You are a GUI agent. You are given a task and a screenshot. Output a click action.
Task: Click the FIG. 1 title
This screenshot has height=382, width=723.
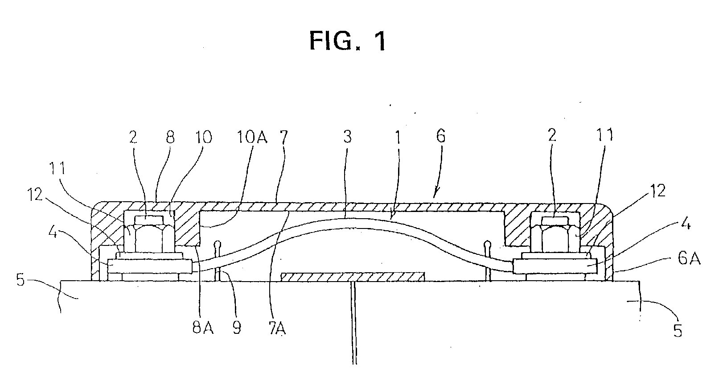point(348,41)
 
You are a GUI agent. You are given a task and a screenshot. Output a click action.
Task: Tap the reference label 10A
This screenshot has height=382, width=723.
point(252,137)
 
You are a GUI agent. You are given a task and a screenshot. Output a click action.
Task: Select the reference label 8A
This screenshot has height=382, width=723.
point(203,328)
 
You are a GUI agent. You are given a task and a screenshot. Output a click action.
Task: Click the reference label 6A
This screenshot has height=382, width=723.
point(689,258)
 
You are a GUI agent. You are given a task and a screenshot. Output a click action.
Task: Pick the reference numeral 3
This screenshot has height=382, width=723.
point(347,137)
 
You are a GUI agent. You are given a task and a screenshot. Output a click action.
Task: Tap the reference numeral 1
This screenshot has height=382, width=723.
point(398,137)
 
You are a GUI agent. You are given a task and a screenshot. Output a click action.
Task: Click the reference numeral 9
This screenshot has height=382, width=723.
point(237,328)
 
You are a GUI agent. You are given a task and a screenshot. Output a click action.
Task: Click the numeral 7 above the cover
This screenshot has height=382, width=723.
point(284,137)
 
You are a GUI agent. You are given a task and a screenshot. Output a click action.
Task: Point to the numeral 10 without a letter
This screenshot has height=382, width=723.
point(203,137)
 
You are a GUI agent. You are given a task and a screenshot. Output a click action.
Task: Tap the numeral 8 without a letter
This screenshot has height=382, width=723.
point(170,137)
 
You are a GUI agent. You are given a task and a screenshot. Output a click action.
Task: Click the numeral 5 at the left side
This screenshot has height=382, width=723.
point(21,280)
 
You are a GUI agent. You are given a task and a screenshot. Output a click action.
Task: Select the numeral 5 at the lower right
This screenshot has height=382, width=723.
point(678,331)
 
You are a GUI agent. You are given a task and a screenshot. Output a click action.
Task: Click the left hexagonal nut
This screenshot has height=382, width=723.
point(149,234)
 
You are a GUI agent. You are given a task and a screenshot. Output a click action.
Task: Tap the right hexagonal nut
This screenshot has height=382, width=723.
point(555,234)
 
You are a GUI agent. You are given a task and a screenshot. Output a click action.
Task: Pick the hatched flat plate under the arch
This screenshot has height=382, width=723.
point(353,277)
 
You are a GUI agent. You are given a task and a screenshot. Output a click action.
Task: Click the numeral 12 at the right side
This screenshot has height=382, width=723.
point(657,191)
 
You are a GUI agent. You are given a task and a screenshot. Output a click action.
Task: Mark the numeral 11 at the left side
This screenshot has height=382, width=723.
point(57,168)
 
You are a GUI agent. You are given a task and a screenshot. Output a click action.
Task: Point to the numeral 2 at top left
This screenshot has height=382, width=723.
point(133,137)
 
